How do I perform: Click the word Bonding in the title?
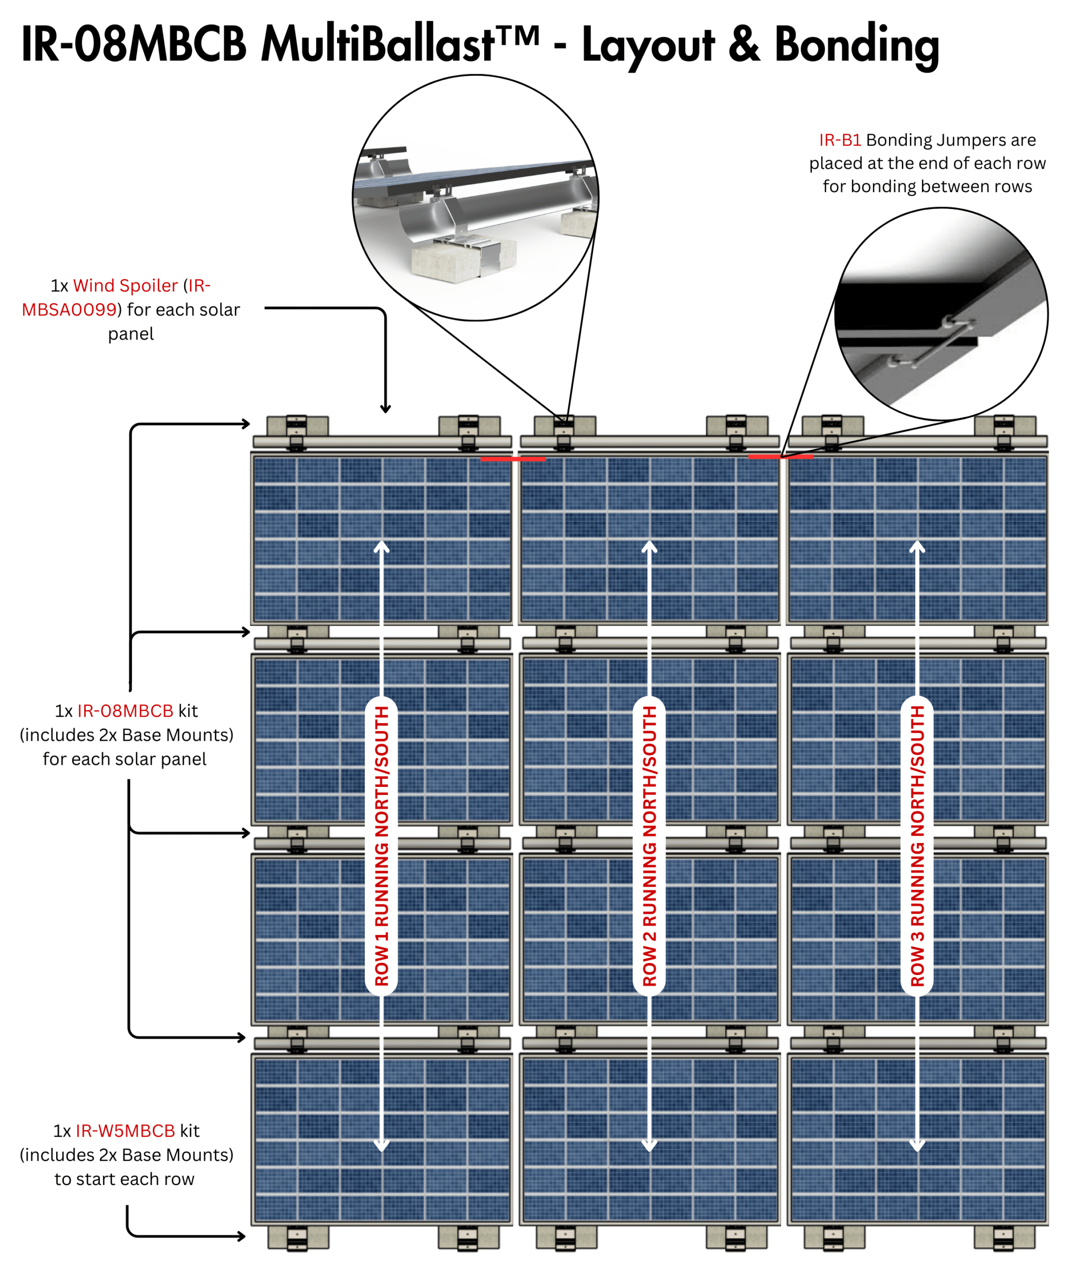[856, 46]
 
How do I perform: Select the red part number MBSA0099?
[69, 310]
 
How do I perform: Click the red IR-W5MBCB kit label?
[125, 1131]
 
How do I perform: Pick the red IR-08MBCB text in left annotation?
[125, 711]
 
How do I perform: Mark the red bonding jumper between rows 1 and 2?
[512, 458]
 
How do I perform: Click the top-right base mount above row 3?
[1005, 426]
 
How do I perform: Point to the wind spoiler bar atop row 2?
[649, 441]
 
